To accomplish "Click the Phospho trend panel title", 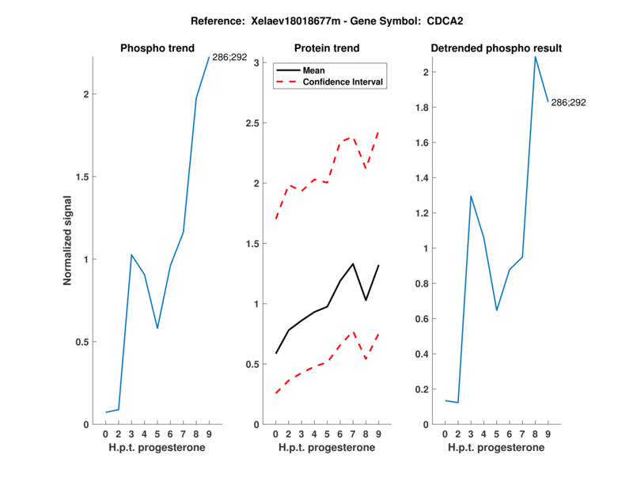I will click(x=157, y=48).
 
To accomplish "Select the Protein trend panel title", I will click(x=326, y=48).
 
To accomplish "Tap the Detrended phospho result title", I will click(x=496, y=48).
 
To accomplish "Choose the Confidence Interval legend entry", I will click(x=343, y=82).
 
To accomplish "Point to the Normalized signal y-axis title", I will click(x=68, y=240).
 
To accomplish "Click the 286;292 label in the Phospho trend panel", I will click(x=230, y=57).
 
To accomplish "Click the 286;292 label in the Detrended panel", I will click(x=568, y=102).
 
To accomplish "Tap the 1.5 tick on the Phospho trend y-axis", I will click(x=83, y=177).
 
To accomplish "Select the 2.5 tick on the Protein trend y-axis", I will click(x=253, y=123).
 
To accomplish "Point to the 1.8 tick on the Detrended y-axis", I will click(x=422, y=108).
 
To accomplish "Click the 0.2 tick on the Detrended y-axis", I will click(x=422, y=389).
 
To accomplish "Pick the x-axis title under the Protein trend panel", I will click(x=326, y=448).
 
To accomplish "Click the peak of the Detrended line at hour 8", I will click(x=535, y=56).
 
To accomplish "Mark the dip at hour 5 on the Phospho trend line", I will click(x=157, y=328).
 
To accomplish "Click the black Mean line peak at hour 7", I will click(x=353, y=263).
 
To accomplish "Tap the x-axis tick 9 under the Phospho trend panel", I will click(x=209, y=434).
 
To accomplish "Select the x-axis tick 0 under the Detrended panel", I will click(x=445, y=434).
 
